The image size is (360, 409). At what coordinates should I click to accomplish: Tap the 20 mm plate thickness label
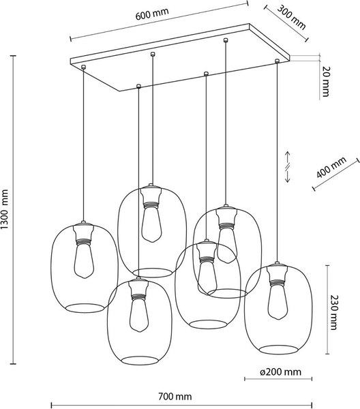point(327,80)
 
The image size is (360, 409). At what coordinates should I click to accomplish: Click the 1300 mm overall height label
point(7,211)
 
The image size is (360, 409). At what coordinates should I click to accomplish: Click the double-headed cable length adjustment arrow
point(288,166)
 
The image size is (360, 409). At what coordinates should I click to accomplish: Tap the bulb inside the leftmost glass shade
point(84,262)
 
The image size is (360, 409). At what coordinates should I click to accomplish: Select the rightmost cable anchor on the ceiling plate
point(277,62)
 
